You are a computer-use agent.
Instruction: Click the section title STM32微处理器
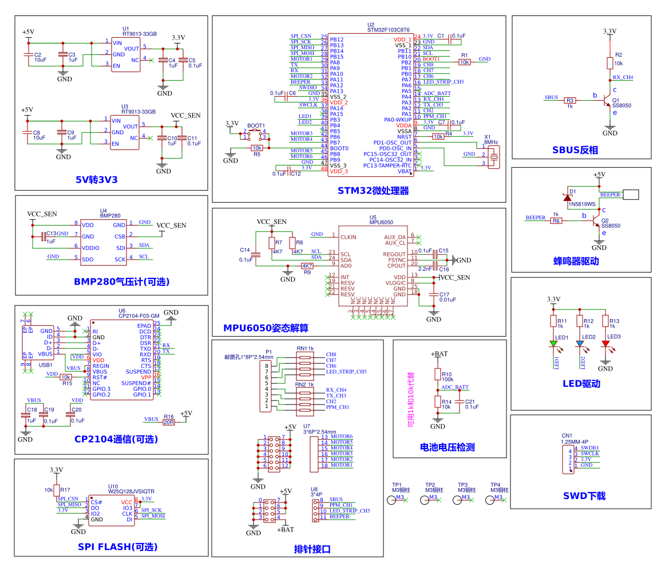373,191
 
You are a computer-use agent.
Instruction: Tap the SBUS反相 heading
575,150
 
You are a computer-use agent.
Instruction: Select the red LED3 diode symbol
606,344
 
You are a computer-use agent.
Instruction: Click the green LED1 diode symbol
553,344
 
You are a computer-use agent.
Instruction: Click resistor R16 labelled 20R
168,422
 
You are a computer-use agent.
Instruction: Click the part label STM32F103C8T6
389,30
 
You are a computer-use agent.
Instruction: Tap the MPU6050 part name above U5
381,222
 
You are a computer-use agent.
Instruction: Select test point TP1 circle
392,500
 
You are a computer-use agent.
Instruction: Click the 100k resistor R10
438,375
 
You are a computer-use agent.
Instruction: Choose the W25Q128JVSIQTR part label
131,491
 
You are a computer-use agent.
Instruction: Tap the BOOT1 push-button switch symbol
255,135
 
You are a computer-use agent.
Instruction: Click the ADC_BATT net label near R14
455,387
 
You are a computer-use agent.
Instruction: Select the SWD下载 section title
584,496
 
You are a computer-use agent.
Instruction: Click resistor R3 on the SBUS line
570,100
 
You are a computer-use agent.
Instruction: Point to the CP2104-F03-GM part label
138,316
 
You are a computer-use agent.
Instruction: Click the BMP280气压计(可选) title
121,281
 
